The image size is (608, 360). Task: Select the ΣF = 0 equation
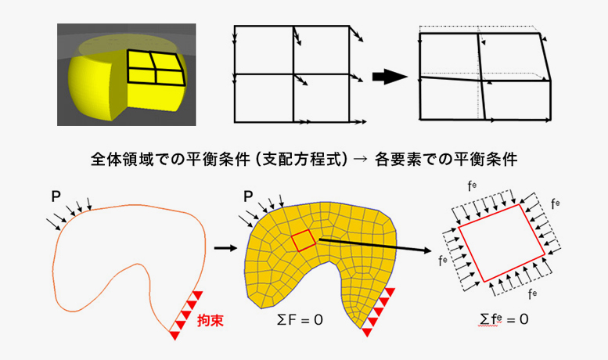click(300, 320)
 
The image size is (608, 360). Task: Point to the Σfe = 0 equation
click(503, 320)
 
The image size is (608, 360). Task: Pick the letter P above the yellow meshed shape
click(248, 193)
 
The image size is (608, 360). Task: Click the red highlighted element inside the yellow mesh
click(303, 241)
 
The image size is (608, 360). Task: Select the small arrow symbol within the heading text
click(359, 160)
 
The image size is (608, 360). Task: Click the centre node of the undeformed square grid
click(293, 74)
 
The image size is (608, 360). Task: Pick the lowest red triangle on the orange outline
click(174, 334)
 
